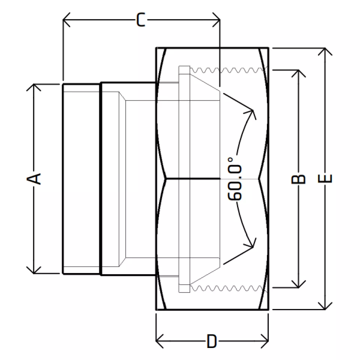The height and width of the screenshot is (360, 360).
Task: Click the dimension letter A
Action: pyautogui.click(x=34, y=179)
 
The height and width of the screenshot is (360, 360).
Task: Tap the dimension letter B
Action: pyautogui.click(x=298, y=179)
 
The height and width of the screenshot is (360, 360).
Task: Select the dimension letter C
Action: pyautogui.click(x=141, y=20)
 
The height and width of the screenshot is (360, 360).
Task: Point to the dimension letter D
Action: pyautogui.click(x=211, y=341)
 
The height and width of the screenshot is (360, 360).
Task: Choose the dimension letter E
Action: pyautogui.click(x=325, y=178)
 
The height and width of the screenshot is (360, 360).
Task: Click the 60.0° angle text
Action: pyautogui.click(x=235, y=178)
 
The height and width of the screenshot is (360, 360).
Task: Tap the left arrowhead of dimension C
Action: pyautogui.click(x=66, y=20)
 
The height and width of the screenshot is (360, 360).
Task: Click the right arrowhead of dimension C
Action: pyautogui.click(x=216, y=20)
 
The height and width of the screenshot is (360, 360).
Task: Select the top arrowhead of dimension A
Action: pyautogui.click(x=34, y=87)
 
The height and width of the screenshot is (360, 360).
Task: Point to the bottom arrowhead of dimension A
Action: pyautogui.click(x=34, y=270)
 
